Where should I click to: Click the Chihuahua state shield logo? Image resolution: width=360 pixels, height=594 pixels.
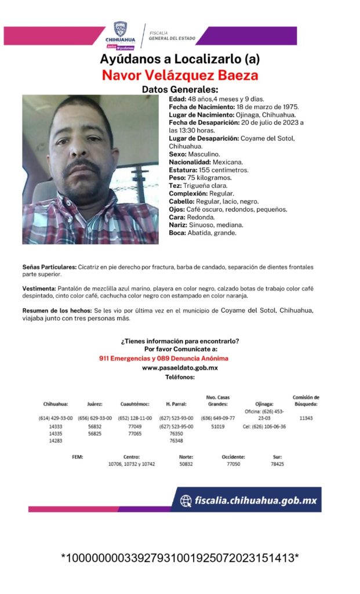[x=120, y=29]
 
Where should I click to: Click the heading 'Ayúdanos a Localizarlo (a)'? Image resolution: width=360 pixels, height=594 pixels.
[x=180, y=60]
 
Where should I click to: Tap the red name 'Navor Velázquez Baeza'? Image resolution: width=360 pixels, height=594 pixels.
[x=180, y=75]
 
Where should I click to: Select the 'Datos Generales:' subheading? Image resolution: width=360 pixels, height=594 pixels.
[x=180, y=90]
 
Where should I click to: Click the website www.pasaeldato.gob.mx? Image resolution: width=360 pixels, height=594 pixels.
[x=180, y=368]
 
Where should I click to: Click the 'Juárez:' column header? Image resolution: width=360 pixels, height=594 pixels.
[x=94, y=404]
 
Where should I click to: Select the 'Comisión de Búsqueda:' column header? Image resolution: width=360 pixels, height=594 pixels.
[x=306, y=401]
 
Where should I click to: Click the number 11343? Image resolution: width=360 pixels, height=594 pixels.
[x=306, y=418]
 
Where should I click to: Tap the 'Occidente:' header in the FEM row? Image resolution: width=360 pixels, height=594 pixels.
[x=233, y=457]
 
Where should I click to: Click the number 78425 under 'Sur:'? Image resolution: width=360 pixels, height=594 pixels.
[x=277, y=465]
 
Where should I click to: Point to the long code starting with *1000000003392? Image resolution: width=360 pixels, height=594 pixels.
[x=180, y=558]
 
